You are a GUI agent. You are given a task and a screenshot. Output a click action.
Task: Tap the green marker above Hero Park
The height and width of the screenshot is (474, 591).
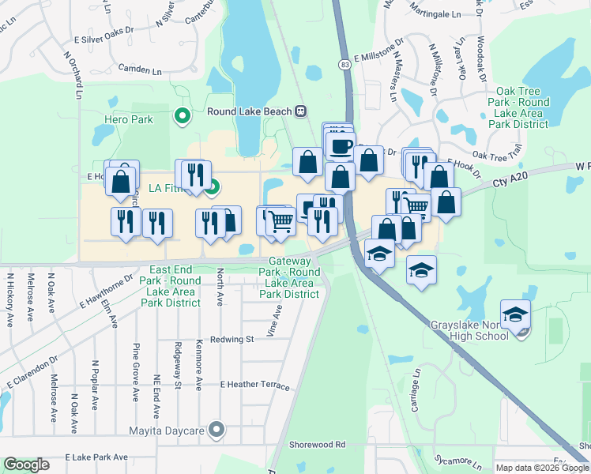[x=183, y=117]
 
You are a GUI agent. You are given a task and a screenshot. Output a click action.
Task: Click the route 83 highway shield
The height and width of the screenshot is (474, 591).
[x=344, y=63]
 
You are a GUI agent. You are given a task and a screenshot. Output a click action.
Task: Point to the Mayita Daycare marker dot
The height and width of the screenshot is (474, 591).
[x=219, y=431]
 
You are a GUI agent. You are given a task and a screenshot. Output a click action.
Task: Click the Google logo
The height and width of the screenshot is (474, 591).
[x=26, y=465]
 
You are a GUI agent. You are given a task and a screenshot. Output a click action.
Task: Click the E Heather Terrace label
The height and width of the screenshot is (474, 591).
[x=255, y=384]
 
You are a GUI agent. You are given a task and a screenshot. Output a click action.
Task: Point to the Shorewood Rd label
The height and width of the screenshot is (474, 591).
[x=317, y=445]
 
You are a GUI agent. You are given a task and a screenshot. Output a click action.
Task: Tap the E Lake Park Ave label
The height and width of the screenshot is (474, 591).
[x=96, y=457]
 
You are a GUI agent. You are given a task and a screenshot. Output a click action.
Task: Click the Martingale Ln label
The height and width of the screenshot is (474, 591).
[x=434, y=15]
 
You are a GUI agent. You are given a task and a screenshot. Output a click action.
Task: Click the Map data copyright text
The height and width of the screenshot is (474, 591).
[x=542, y=467]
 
